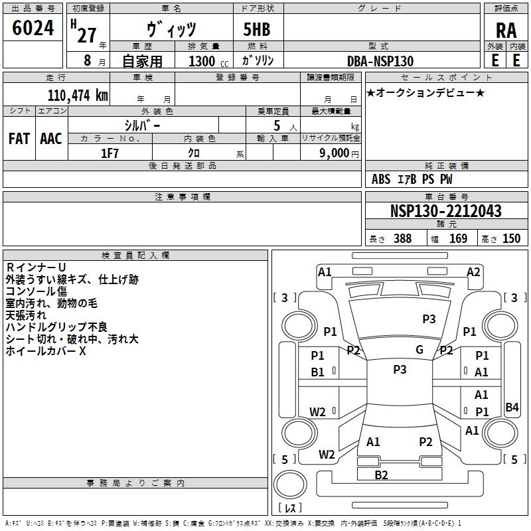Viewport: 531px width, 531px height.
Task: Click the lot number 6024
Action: pyautogui.click(x=33, y=28)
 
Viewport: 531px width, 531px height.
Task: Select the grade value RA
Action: pyautogui.click(x=506, y=31)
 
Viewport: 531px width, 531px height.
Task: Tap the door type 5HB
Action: pyautogui.click(x=257, y=29)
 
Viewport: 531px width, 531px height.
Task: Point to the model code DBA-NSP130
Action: pyautogui.click(x=380, y=61)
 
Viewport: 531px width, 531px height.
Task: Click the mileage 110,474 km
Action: pyautogui.click(x=78, y=96)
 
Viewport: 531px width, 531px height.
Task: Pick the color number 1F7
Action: pyautogui.click(x=110, y=153)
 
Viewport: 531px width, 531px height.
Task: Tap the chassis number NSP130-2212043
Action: pyautogui.click(x=445, y=211)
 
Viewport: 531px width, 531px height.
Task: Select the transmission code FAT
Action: pyautogui.click(x=19, y=139)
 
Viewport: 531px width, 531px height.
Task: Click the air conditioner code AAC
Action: pyautogui.click(x=51, y=139)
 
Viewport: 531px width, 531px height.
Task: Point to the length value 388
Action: pyautogui.click(x=403, y=238)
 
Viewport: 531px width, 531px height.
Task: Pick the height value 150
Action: pyautogui.click(x=511, y=238)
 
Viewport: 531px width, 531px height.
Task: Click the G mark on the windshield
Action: pyautogui.click(x=419, y=350)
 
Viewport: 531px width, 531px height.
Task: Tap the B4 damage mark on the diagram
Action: pyautogui.click(x=512, y=407)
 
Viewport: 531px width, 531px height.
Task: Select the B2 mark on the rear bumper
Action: pyautogui.click(x=381, y=475)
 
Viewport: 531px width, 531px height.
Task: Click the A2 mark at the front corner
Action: pyautogui.click(x=473, y=272)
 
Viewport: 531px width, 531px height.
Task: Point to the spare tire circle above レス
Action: pyautogui.click(x=290, y=485)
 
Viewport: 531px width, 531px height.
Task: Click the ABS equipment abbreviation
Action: pyautogui.click(x=381, y=179)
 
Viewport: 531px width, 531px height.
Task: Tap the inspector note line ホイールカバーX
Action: pyautogui.click(x=46, y=351)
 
